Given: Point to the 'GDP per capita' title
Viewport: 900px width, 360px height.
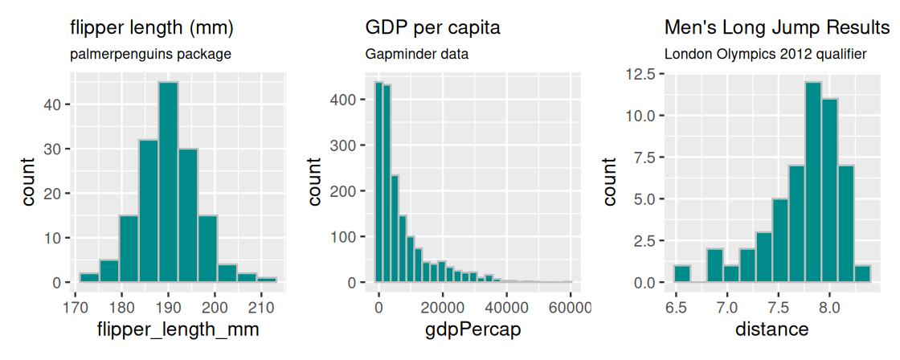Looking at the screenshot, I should coord(432,28).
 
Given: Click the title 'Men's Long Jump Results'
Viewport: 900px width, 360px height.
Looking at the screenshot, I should coord(777,28).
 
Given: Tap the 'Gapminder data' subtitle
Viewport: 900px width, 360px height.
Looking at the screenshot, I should coord(417,55).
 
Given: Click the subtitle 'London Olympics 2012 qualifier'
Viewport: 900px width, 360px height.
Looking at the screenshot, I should coord(765,55).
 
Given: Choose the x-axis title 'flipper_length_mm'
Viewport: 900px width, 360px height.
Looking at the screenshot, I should coord(177,329).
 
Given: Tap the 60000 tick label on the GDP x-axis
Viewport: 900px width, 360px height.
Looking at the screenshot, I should coord(571,305).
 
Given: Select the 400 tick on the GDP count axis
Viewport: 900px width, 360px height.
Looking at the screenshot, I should coord(344,100).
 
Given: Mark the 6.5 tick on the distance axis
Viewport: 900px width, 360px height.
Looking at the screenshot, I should coord(676,305).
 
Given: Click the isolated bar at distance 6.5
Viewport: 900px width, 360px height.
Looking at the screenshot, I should coord(682,274).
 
